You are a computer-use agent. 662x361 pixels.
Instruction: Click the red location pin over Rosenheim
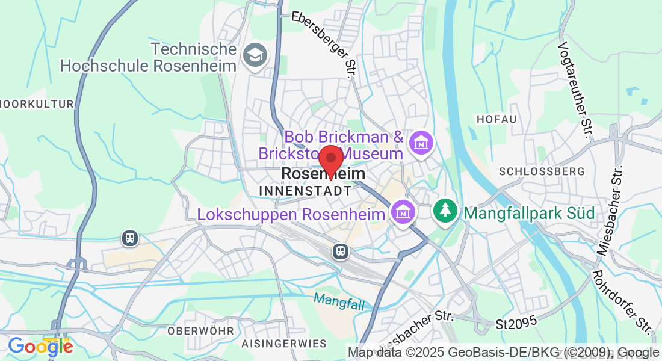330,160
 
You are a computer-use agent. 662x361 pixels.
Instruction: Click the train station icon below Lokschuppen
341,250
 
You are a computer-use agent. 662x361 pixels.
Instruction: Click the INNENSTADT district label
305,191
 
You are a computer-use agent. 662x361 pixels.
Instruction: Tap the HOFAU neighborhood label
496,119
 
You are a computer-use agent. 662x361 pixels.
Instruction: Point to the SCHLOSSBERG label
542,171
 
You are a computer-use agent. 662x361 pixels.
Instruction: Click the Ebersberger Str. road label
322,45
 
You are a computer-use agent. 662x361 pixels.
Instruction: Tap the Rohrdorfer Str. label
622,301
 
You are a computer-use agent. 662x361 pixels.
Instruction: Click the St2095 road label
516,323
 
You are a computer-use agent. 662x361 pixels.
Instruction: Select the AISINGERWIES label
283,344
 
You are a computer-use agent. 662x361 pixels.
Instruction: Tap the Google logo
40,347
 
